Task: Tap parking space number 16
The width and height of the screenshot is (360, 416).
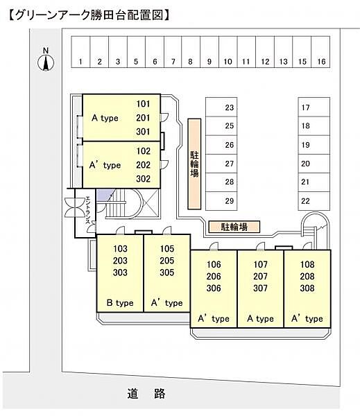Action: pyautogui.click(x=320, y=52)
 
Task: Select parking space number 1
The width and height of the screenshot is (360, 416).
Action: pyautogui.click(x=80, y=52)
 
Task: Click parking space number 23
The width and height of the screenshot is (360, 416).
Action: pyautogui.click(x=221, y=107)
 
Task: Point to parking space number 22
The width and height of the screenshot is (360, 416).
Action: pyautogui.click(x=314, y=201)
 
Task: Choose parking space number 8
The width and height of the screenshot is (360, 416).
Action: pyautogui.click(x=191, y=52)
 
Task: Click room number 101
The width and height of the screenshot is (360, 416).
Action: pyautogui.click(x=143, y=104)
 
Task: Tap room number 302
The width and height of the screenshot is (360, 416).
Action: pyautogui.click(x=143, y=179)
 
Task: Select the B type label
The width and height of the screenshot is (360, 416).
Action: pyautogui.click(x=120, y=303)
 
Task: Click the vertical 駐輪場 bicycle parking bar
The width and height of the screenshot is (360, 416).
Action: pyautogui.click(x=194, y=164)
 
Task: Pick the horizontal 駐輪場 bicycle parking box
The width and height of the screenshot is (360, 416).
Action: pyautogui.click(x=234, y=227)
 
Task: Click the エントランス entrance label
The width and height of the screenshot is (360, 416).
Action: pyautogui.click(x=88, y=210)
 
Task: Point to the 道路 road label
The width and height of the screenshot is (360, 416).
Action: pyautogui.click(x=146, y=394)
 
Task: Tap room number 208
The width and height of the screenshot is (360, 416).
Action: pyautogui.click(x=307, y=276)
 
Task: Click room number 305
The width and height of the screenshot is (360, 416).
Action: pyautogui.click(x=167, y=272)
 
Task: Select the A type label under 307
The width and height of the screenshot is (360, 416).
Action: pyautogui.click(x=260, y=318)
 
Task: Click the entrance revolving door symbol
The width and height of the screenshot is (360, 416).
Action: pyautogui.click(x=75, y=208)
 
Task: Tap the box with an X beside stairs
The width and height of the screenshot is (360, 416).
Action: pyautogui.click(x=151, y=204)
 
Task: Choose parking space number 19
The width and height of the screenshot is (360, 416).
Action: pyautogui.click(x=314, y=145)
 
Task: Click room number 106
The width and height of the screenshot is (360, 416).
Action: pyautogui.click(x=214, y=265)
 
